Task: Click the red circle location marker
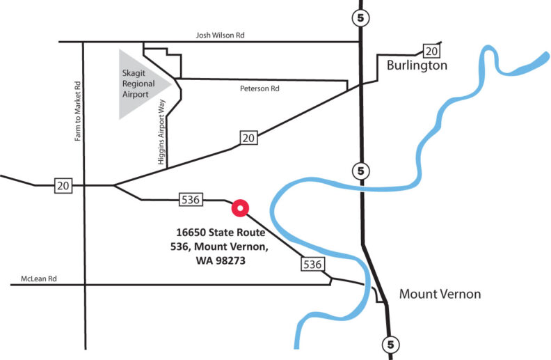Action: click(x=240, y=208)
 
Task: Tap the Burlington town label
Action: click(x=416, y=66)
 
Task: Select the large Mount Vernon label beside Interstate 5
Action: click(x=440, y=295)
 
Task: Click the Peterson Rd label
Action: click(x=259, y=89)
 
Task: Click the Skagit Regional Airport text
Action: click(x=141, y=82)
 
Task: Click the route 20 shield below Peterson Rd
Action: click(x=248, y=138)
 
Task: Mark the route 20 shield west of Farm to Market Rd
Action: click(x=63, y=185)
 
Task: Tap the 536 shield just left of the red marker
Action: click(x=191, y=200)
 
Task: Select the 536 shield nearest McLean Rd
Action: click(x=312, y=264)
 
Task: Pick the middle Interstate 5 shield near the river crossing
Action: click(x=360, y=170)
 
